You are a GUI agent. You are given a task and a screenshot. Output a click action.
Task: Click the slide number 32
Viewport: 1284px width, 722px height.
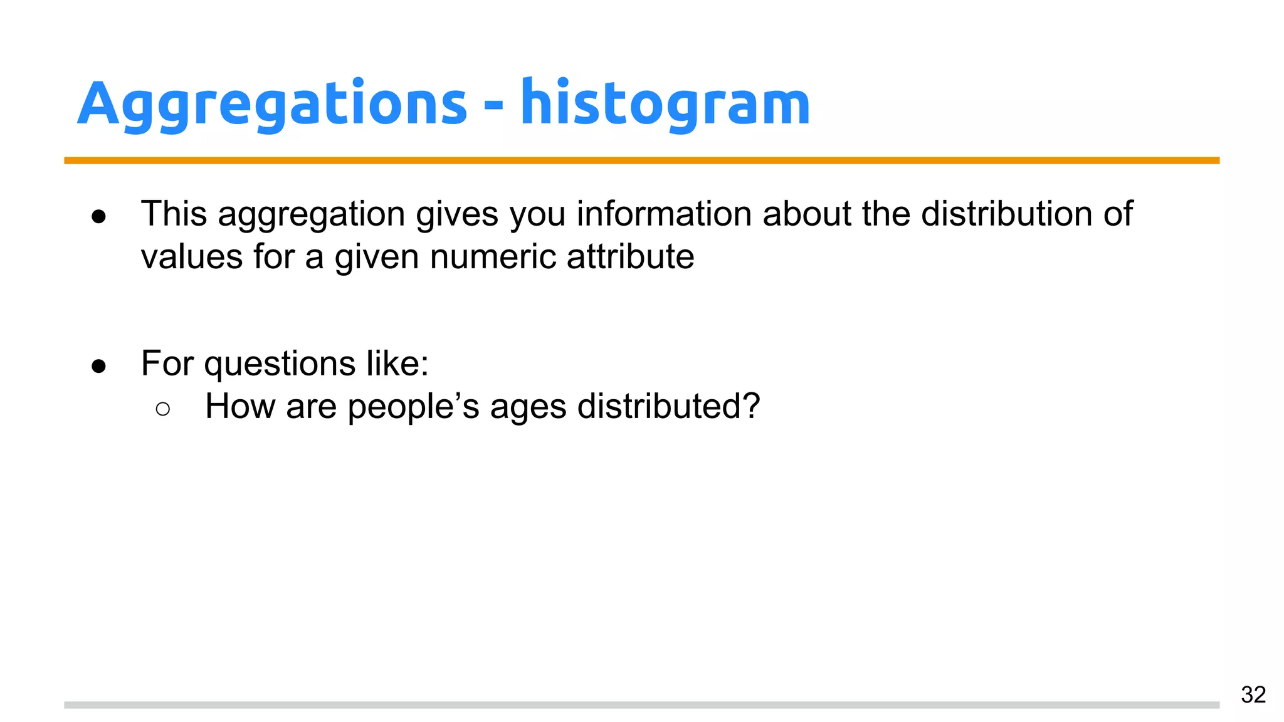[x=1253, y=694]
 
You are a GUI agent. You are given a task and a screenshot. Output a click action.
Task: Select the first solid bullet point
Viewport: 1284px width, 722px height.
[x=98, y=217]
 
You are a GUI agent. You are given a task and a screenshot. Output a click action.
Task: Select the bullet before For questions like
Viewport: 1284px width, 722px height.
[x=98, y=366]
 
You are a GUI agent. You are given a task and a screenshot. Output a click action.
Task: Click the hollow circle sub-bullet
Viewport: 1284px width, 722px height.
[x=162, y=409]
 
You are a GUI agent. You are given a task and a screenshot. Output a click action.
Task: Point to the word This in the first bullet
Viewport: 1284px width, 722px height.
[x=174, y=214]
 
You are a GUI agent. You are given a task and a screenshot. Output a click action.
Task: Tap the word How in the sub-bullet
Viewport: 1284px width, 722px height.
[x=239, y=406]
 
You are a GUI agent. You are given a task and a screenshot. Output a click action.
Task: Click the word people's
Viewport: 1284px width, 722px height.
[x=413, y=407]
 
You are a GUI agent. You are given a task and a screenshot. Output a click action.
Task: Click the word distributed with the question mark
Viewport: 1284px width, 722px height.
[x=668, y=406]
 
